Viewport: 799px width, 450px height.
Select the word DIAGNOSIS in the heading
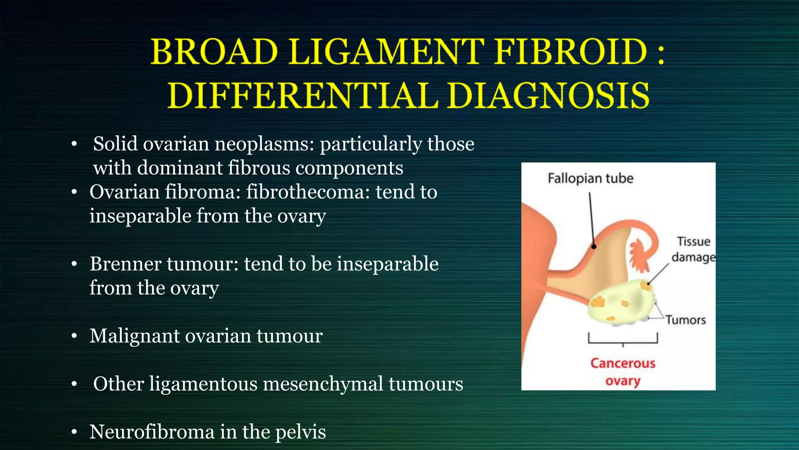pyautogui.click(x=548, y=96)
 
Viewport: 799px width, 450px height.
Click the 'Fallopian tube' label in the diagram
pyautogui.click(x=590, y=179)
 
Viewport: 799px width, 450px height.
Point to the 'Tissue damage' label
pyautogui.click(x=693, y=249)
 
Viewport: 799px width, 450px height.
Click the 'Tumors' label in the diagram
pyautogui.click(x=685, y=320)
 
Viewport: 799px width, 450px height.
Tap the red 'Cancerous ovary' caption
pyautogui.click(x=623, y=372)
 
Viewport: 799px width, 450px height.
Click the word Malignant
pyautogui.click(x=134, y=336)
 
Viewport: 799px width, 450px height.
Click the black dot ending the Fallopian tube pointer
pyautogui.click(x=594, y=246)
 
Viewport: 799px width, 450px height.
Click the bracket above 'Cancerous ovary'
pyautogui.click(x=623, y=340)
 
